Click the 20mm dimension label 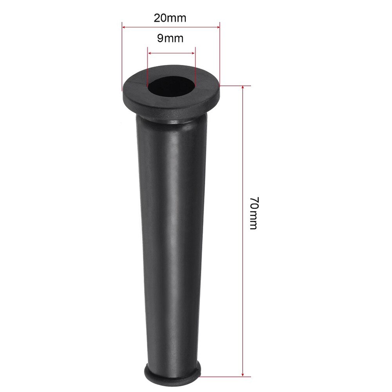(170, 18)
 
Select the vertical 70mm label (253, 213)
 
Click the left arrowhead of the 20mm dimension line (124, 27)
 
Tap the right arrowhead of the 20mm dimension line (218, 27)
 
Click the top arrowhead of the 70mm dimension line (243, 87)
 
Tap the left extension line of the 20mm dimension (122, 59)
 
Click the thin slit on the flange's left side (135, 84)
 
